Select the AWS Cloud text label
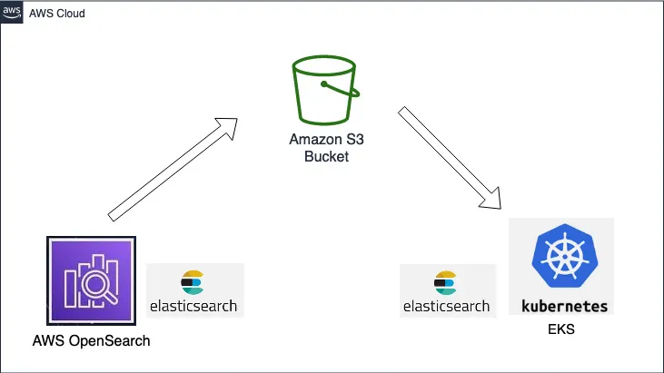coord(57,14)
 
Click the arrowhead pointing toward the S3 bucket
coord(228,124)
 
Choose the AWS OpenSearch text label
coord(90,341)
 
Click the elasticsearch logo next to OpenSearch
coord(194,290)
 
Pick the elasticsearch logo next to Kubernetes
coord(447,290)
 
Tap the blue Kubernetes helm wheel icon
coord(560,257)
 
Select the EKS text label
coord(561,329)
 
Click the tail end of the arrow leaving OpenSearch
coord(112,214)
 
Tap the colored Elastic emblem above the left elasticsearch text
coord(192,279)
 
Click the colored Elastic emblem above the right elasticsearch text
coord(445,280)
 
